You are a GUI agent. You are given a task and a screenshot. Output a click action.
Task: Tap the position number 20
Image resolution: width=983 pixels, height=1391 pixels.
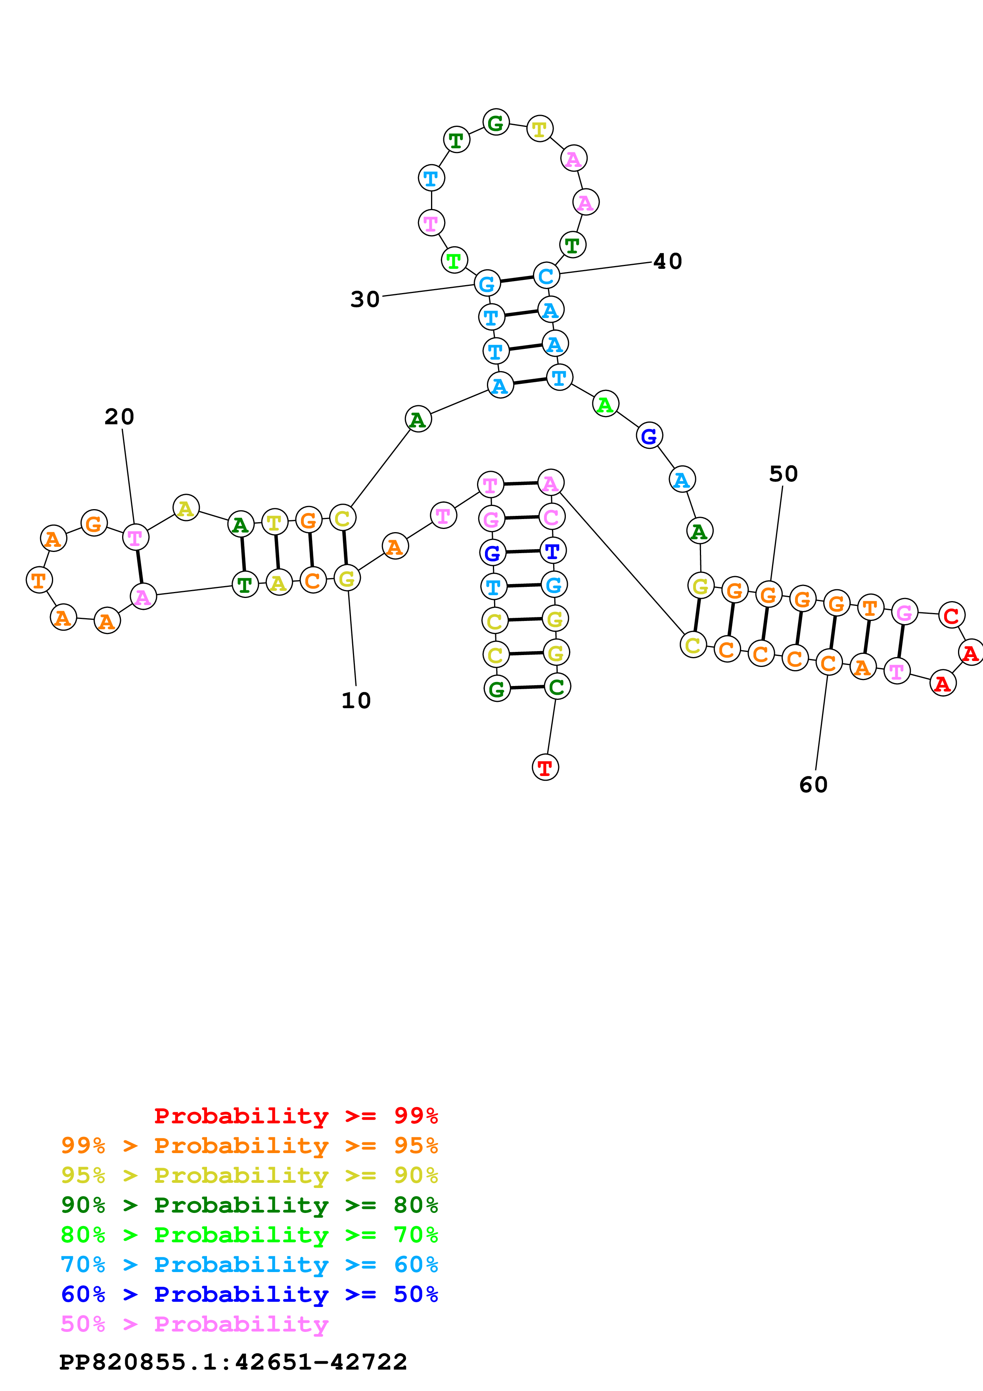119,417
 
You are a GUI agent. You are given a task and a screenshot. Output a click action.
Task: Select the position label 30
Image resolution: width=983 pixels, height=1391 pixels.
365,299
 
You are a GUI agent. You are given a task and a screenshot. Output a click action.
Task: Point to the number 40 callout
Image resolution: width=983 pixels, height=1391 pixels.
667,262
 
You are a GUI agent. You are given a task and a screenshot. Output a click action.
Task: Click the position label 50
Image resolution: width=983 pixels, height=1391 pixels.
783,474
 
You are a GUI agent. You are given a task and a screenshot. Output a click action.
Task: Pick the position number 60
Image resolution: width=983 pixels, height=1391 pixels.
813,785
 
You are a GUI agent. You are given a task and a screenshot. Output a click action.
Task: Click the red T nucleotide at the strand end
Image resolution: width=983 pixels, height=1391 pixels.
545,768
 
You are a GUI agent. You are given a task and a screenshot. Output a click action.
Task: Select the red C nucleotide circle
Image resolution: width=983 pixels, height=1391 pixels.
951,615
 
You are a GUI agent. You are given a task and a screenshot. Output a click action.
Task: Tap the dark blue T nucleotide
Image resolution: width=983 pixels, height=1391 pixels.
552,551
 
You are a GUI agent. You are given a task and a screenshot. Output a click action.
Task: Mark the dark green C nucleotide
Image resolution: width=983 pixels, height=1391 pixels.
557,686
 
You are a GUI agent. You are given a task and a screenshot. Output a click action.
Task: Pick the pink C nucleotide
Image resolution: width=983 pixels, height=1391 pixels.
551,517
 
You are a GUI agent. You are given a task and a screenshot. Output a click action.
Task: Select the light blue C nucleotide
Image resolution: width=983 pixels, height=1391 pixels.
546,276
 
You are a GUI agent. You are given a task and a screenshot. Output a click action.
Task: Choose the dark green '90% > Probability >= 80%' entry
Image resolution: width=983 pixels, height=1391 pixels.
249,1205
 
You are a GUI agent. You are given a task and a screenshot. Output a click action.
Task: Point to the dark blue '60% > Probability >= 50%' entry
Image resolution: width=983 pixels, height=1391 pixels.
249,1294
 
